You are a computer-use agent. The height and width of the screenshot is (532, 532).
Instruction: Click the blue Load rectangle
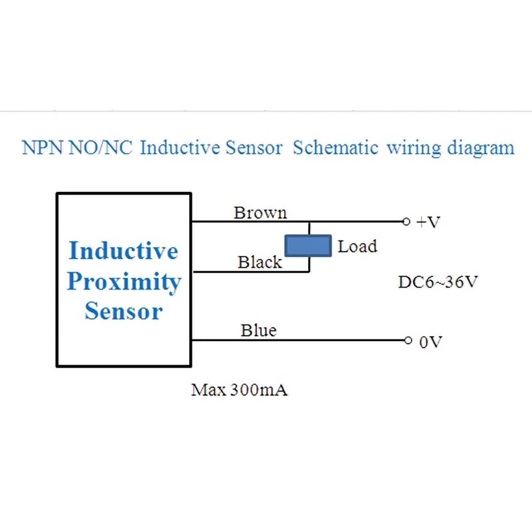pyautogui.click(x=308, y=246)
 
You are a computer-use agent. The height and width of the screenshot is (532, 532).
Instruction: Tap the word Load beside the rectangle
pyautogui.click(x=357, y=247)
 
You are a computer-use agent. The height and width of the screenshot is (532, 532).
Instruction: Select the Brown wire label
pyautogui.click(x=260, y=213)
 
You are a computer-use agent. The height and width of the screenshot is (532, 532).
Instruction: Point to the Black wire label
pyautogui.click(x=260, y=263)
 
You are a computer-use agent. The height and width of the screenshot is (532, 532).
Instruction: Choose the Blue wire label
pyautogui.click(x=259, y=331)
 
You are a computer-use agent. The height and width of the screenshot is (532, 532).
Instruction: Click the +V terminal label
pyautogui.click(x=428, y=222)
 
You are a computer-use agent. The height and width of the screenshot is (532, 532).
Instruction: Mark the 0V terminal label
pyautogui.click(x=430, y=342)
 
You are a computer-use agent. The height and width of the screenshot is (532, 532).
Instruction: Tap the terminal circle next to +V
pyautogui.click(x=406, y=221)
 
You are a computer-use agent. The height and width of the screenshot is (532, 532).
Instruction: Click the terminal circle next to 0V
pyautogui.click(x=408, y=340)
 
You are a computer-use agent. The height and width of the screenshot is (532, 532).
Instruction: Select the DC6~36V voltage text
pyautogui.click(x=438, y=282)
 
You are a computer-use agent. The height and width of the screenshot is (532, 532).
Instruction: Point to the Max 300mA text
pyautogui.click(x=239, y=390)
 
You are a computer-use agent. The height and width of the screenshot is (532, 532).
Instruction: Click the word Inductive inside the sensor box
pyautogui.click(x=124, y=251)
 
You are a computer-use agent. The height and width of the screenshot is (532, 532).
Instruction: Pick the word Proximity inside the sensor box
pyautogui.click(x=124, y=281)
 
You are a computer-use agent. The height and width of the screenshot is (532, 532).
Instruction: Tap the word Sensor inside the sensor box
pyautogui.click(x=124, y=311)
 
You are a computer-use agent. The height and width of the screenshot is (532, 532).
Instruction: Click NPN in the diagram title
pyautogui.click(x=41, y=148)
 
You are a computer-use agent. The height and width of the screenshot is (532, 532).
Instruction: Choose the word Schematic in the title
pyautogui.click(x=335, y=148)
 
